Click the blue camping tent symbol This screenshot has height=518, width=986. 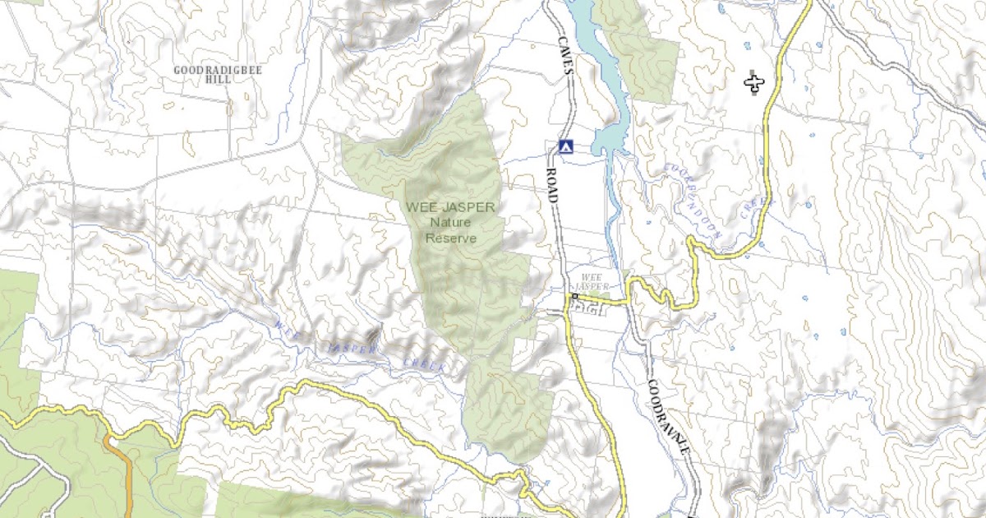[x=564, y=146]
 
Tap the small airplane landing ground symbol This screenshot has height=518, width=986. [x=754, y=82]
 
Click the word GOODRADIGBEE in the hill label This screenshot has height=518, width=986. [x=218, y=71]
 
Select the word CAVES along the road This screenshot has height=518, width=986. [x=564, y=58]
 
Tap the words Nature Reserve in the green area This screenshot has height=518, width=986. [x=451, y=230]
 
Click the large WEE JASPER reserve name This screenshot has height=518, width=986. [x=451, y=207]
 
